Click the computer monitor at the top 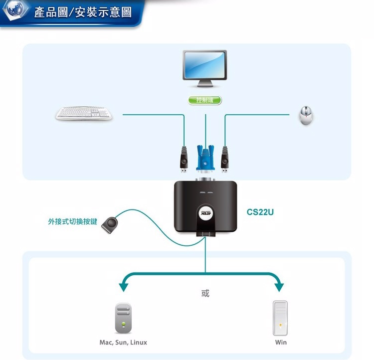click(204, 68)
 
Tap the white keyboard click(84, 113)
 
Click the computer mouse click(306, 116)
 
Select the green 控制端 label click(204, 100)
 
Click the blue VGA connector click(205, 159)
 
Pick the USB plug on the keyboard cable click(184, 160)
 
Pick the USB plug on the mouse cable click(224, 160)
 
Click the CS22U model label click(260, 212)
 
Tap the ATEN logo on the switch click(205, 212)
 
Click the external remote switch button click(110, 225)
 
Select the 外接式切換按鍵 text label click(72, 221)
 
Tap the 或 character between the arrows click(205, 293)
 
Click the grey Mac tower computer click(123, 318)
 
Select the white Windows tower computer click(280, 318)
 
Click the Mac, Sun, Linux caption click(123, 343)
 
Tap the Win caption click(281, 343)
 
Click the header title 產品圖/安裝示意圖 click(83, 12)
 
